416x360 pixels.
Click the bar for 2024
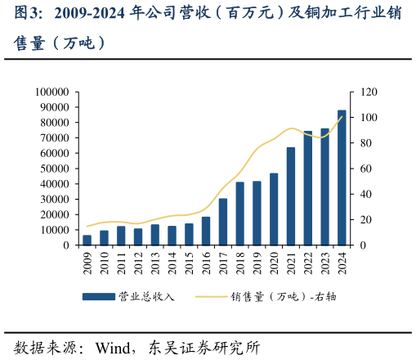342,178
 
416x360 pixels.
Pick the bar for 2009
87,240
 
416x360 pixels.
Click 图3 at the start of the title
27,14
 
